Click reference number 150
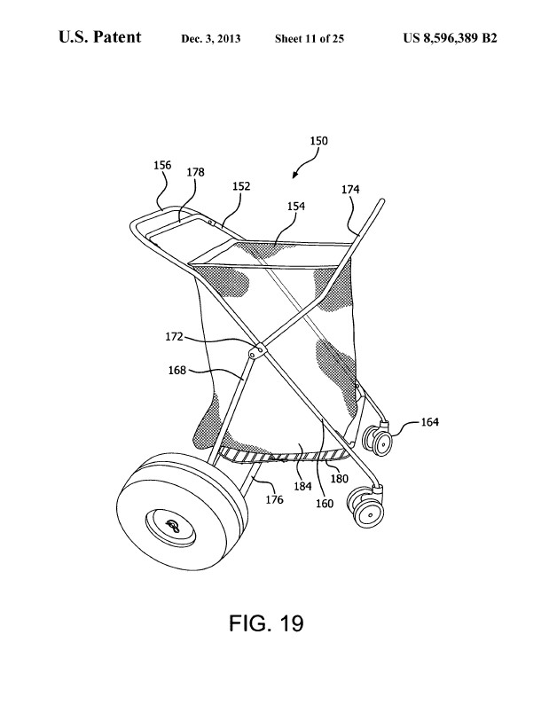tap(318, 141)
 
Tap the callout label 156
tap(162, 165)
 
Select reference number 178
tap(196, 172)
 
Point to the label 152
tap(241, 186)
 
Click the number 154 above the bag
tap(296, 206)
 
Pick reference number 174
tap(350, 189)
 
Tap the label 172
tap(174, 336)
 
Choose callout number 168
tap(176, 370)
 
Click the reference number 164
tap(429, 422)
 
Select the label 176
tap(274, 499)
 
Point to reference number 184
tap(302, 486)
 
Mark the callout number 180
tap(340, 478)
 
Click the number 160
tap(325, 504)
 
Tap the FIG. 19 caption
tap(266, 623)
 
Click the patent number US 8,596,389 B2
tap(450, 38)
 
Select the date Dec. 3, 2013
tap(211, 39)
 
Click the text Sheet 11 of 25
tap(310, 39)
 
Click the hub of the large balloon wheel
tap(171, 525)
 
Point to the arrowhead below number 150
tap(294, 175)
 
